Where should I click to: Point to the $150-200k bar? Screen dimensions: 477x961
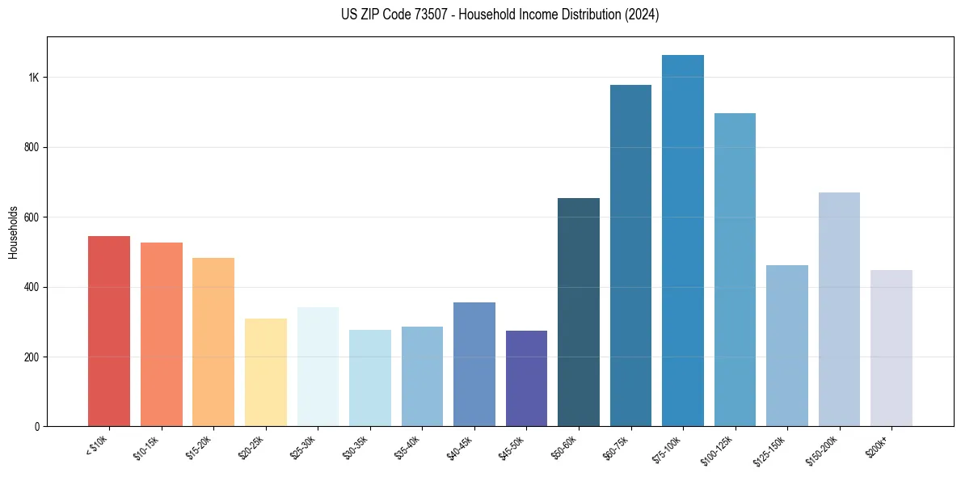[x=839, y=310]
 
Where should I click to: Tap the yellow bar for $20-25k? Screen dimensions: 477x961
[x=265, y=373]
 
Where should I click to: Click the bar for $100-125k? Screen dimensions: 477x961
[x=735, y=270]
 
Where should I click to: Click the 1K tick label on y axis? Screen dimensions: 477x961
[x=34, y=78]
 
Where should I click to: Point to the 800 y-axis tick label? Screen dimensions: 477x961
[x=32, y=147]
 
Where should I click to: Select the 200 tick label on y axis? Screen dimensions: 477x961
[x=32, y=357]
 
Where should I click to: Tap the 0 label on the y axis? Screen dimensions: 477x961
[x=37, y=427]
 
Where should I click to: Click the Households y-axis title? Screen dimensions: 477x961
[x=13, y=232]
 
